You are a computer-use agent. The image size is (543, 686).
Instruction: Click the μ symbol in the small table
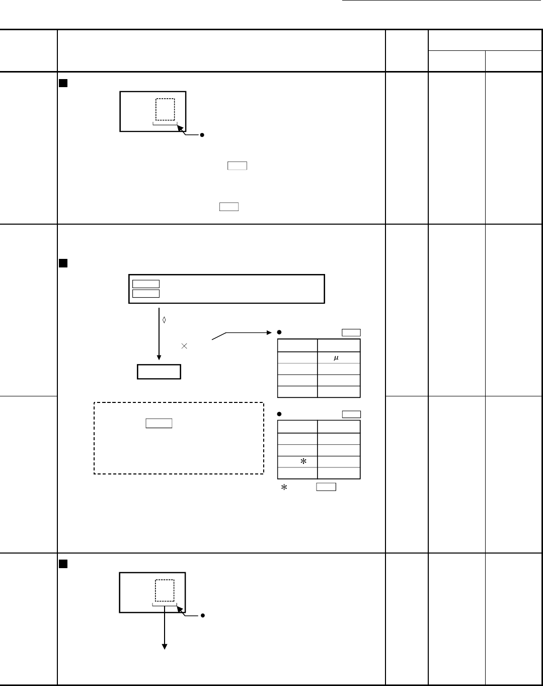pos(336,358)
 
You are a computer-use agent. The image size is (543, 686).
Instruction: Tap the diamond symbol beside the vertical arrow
pos(164,320)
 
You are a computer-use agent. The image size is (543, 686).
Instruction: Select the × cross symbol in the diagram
pos(184,346)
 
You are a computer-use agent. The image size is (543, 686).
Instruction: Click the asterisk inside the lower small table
pos(303,461)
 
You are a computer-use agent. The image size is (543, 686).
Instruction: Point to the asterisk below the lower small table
pos(284,487)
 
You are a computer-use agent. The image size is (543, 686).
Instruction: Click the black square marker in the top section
pos(63,83)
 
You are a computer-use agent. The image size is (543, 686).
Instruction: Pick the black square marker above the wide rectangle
pos(63,263)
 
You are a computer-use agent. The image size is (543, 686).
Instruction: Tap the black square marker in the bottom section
pos(63,564)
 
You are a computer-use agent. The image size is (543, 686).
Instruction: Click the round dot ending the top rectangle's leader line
pos(202,135)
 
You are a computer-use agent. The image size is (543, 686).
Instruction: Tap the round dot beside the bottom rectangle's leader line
pos(202,615)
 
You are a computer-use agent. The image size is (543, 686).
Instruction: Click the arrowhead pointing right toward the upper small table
pos(269,333)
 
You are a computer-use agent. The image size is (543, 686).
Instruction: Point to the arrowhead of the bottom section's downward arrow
pos(165,647)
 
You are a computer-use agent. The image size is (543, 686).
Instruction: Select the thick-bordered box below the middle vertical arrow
pos(159,365)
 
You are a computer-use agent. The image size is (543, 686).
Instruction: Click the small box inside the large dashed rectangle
pos(159,419)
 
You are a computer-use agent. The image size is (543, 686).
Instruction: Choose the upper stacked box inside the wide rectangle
pos(146,281)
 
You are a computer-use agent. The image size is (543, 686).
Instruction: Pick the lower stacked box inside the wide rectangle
pos(146,290)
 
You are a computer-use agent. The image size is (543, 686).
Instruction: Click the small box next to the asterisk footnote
pos(326,483)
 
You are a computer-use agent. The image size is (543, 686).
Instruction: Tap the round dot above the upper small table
pos(279,332)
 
